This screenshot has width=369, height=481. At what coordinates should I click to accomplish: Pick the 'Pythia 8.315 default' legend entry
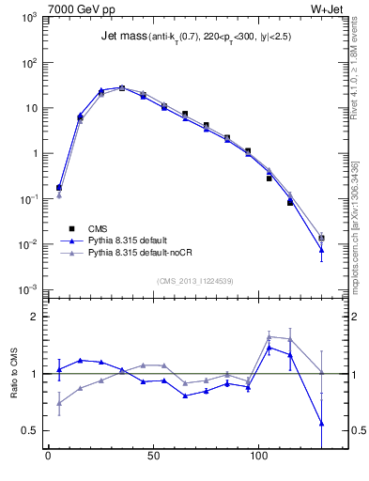pyautogui.click(x=131, y=240)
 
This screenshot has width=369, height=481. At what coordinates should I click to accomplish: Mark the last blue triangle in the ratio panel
pyautogui.click(x=321, y=423)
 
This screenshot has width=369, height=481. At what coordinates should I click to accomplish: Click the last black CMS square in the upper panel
pyautogui.click(x=321, y=239)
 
